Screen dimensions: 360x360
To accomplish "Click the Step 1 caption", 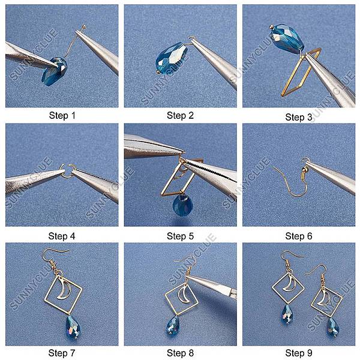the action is click(62, 115).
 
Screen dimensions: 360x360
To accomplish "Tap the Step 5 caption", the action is click(180, 236).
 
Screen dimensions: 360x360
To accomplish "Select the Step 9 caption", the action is click(299, 353).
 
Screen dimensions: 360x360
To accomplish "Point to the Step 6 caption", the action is click(299, 236).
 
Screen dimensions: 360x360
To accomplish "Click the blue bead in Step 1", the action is click(55, 71).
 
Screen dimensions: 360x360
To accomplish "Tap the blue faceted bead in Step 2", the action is click(170, 58).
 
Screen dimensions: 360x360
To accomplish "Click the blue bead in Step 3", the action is click(287, 39).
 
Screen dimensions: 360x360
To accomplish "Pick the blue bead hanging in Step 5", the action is click(182, 205).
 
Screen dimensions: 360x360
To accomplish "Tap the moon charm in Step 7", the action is click(64, 290).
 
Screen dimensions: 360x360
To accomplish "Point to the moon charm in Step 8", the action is click(184, 296).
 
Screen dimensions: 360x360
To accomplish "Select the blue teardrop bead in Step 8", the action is click(172, 326).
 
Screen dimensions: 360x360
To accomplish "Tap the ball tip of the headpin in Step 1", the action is click(83, 26).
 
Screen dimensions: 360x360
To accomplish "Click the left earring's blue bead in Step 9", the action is click(287, 314).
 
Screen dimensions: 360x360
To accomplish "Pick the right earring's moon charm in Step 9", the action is click(324, 299).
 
